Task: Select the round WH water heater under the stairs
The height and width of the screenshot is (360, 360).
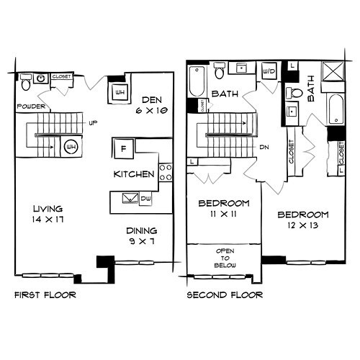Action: (71, 147)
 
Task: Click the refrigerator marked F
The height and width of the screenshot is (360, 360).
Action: (121, 148)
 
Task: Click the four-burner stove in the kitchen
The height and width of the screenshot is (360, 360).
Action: (166, 171)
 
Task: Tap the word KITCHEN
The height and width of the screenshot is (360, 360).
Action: (133, 174)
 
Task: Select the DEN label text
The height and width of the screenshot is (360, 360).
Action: (151, 100)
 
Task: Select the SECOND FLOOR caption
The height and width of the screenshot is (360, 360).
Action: (224, 295)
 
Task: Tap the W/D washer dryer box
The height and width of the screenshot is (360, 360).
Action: (269, 72)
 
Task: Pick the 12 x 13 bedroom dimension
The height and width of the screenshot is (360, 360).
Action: (302, 228)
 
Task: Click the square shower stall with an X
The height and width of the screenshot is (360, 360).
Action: (336, 74)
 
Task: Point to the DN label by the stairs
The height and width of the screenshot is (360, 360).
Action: (264, 147)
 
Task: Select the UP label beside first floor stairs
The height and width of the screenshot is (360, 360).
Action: (92, 122)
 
